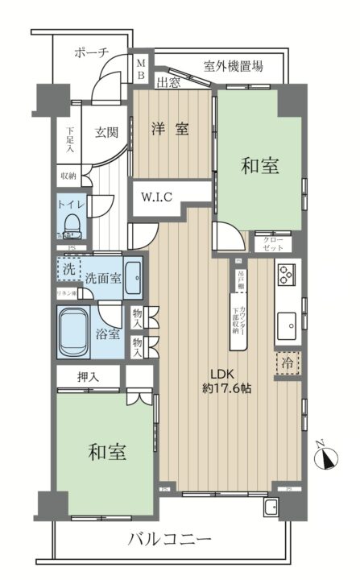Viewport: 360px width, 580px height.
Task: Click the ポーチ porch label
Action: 90,52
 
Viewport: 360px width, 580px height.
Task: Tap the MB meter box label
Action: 140,69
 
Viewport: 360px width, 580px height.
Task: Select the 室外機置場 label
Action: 233,67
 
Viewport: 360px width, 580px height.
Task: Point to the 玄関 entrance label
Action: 106,133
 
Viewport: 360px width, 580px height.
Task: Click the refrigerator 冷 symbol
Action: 287,363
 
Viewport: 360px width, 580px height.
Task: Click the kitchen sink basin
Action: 288,327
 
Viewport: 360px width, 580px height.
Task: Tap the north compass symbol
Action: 327,458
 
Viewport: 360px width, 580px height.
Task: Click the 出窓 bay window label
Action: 168,82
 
